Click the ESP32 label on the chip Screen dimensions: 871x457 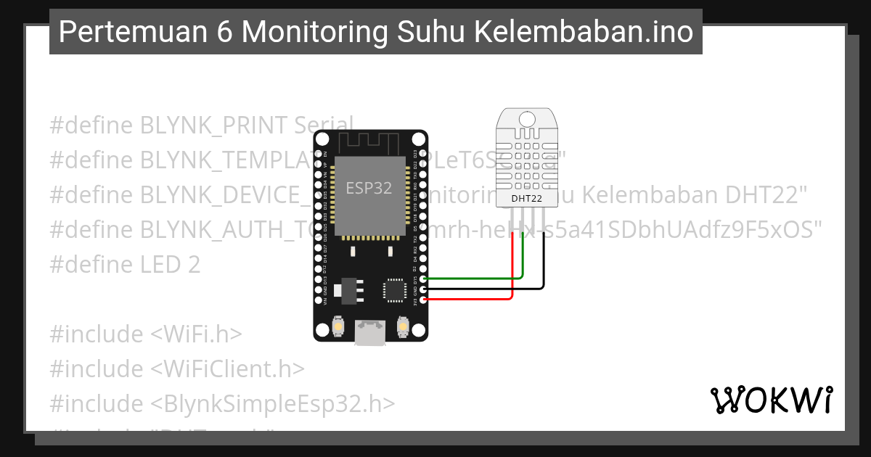369,188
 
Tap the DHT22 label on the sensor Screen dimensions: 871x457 526,198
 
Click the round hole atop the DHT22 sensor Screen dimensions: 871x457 526,117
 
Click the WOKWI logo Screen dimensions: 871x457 772,400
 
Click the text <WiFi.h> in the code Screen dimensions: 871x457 196,334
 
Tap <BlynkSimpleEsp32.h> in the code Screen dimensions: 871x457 273,404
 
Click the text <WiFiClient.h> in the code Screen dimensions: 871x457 227,369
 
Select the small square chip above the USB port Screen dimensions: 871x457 395,289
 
